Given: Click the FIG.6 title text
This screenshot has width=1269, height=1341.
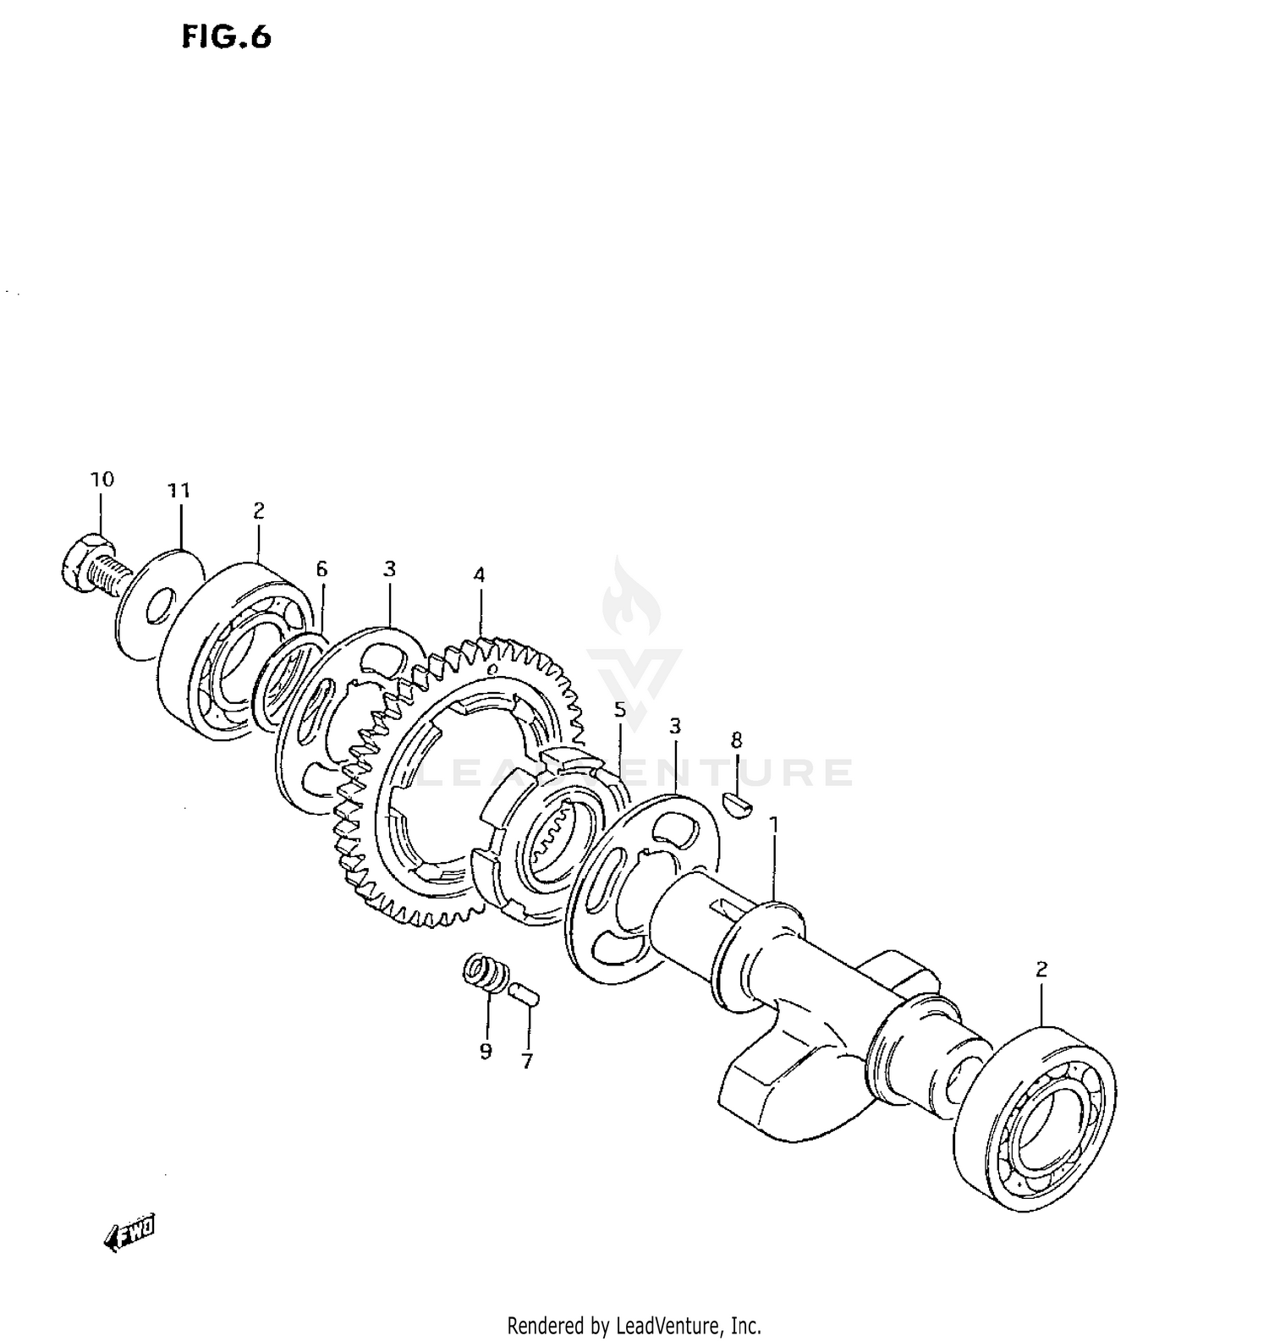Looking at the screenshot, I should tap(226, 37).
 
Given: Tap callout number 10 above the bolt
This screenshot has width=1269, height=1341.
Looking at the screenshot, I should tap(102, 480).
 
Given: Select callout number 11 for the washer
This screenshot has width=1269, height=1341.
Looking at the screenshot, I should tap(179, 491).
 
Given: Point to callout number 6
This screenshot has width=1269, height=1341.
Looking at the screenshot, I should tap(321, 569).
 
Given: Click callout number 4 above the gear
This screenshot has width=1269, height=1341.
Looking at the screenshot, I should tap(480, 575).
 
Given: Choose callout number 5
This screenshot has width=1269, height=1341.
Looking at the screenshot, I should tap(620, 709).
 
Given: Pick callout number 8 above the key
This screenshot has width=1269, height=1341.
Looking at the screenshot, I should tap(736, 740).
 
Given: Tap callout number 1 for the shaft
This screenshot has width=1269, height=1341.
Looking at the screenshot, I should tap(772, 823).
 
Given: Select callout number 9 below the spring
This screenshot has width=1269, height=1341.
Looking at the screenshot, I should tap(486, 1051).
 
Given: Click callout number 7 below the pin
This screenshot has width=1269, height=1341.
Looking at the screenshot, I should tap(527, 1061).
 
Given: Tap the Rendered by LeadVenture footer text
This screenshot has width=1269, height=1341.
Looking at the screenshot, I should tap(634, 1325).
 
